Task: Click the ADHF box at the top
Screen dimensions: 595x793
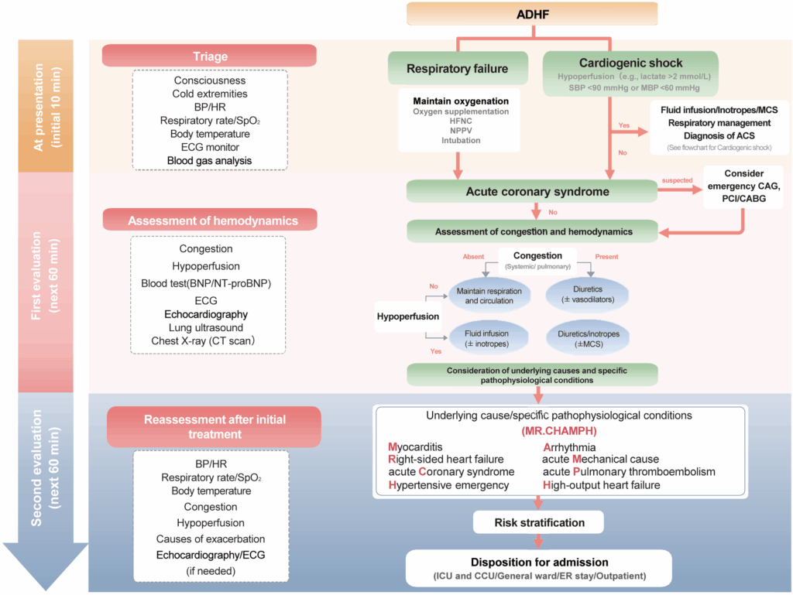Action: [531, 14]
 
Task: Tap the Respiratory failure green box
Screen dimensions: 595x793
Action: [457, 69]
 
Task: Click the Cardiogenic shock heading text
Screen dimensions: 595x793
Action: [631, 63]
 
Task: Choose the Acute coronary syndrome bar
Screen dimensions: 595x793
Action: [531, 192]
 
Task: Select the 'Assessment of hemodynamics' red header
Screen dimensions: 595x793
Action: [212, 221]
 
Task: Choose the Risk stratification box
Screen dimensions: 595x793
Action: [539, 522]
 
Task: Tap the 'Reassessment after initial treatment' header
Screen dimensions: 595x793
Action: [214, 427]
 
